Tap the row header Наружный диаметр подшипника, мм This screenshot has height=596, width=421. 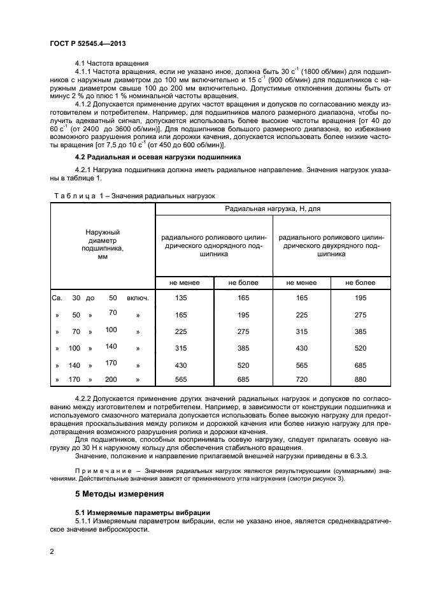pyautogui.click(x=103, y=245)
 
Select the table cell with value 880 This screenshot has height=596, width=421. pyautogui.click(x=360, y=380)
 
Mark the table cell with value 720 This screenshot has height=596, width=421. pyautogui.click(x=302, y=380)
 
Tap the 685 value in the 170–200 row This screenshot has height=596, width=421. pyautogui.click(x=243, y=380)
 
